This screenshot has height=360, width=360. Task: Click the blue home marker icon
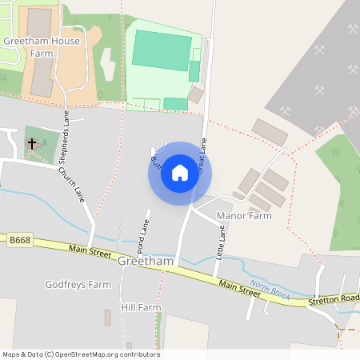tap(180, 173)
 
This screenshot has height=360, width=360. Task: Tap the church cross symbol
tap(33, 144)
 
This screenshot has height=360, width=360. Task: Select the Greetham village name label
tap(145, 261)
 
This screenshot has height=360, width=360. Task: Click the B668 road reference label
tap(19, 239)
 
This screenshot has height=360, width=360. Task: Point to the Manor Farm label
tap(244, 216)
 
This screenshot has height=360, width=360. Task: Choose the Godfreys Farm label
tap(78, 284)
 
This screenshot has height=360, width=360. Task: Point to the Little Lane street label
tap(221, 241)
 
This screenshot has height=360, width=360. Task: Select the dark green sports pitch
tap(161, 50)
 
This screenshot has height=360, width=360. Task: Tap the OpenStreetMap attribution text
tap(81, 354)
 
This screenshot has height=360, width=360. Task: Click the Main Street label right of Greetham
tap(239, 288)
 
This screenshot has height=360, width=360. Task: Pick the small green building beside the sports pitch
tap(194, 70)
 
